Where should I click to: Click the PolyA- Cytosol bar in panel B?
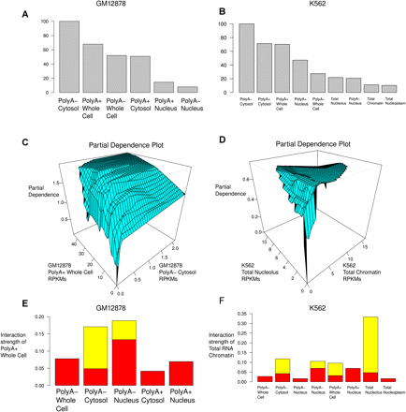246,56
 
